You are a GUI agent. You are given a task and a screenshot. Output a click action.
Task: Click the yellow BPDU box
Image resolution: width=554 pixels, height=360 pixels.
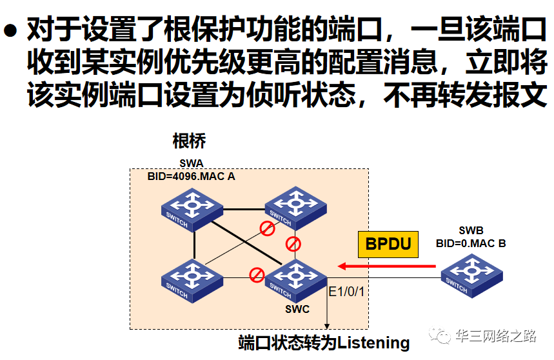(388, 244)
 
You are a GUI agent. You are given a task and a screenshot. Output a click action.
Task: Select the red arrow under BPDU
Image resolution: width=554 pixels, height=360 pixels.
(386, 266)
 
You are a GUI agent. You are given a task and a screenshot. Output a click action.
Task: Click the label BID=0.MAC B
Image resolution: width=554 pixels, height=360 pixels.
(471, 243)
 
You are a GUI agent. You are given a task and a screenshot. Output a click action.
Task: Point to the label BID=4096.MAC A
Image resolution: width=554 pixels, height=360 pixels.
(192, 175)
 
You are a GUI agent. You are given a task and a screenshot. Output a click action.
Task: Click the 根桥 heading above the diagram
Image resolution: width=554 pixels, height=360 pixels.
(189, 140)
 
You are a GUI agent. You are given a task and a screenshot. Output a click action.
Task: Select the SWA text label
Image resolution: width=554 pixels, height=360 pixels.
(191, 164)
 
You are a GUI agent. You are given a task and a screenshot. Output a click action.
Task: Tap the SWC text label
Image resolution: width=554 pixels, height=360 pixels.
(297, 309)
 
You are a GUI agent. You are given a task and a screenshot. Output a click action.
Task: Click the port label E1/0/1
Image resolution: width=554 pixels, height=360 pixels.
(347, 292)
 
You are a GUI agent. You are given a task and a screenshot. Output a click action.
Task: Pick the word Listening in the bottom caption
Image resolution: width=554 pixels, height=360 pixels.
(373, 343)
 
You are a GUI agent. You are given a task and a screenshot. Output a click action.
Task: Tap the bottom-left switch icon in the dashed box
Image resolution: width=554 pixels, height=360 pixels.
(192, 278)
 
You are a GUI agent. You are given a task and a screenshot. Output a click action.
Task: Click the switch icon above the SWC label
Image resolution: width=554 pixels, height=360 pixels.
(296, 278)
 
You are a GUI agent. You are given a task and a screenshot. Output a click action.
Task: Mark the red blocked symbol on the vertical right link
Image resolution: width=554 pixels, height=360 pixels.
(293, 244)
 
